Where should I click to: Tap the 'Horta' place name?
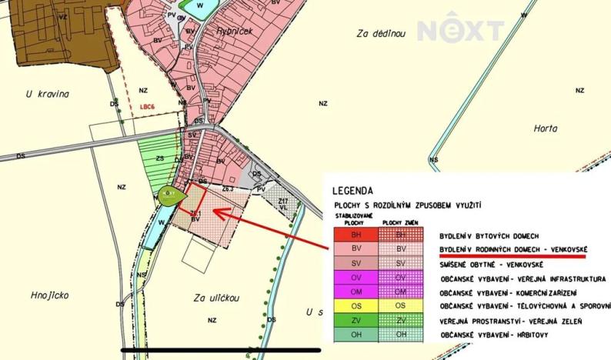coord(545,128)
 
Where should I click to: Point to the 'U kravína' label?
coord(48,95)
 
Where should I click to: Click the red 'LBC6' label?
coord(149,108)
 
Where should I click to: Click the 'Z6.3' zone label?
coord(228,188)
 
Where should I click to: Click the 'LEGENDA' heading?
coord(353,191)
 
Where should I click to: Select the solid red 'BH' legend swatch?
coord(352,234)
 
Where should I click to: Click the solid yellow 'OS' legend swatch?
coord(352,305)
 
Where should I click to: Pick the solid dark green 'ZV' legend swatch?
coord(352,320)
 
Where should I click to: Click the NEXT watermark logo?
coord(460,31)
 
